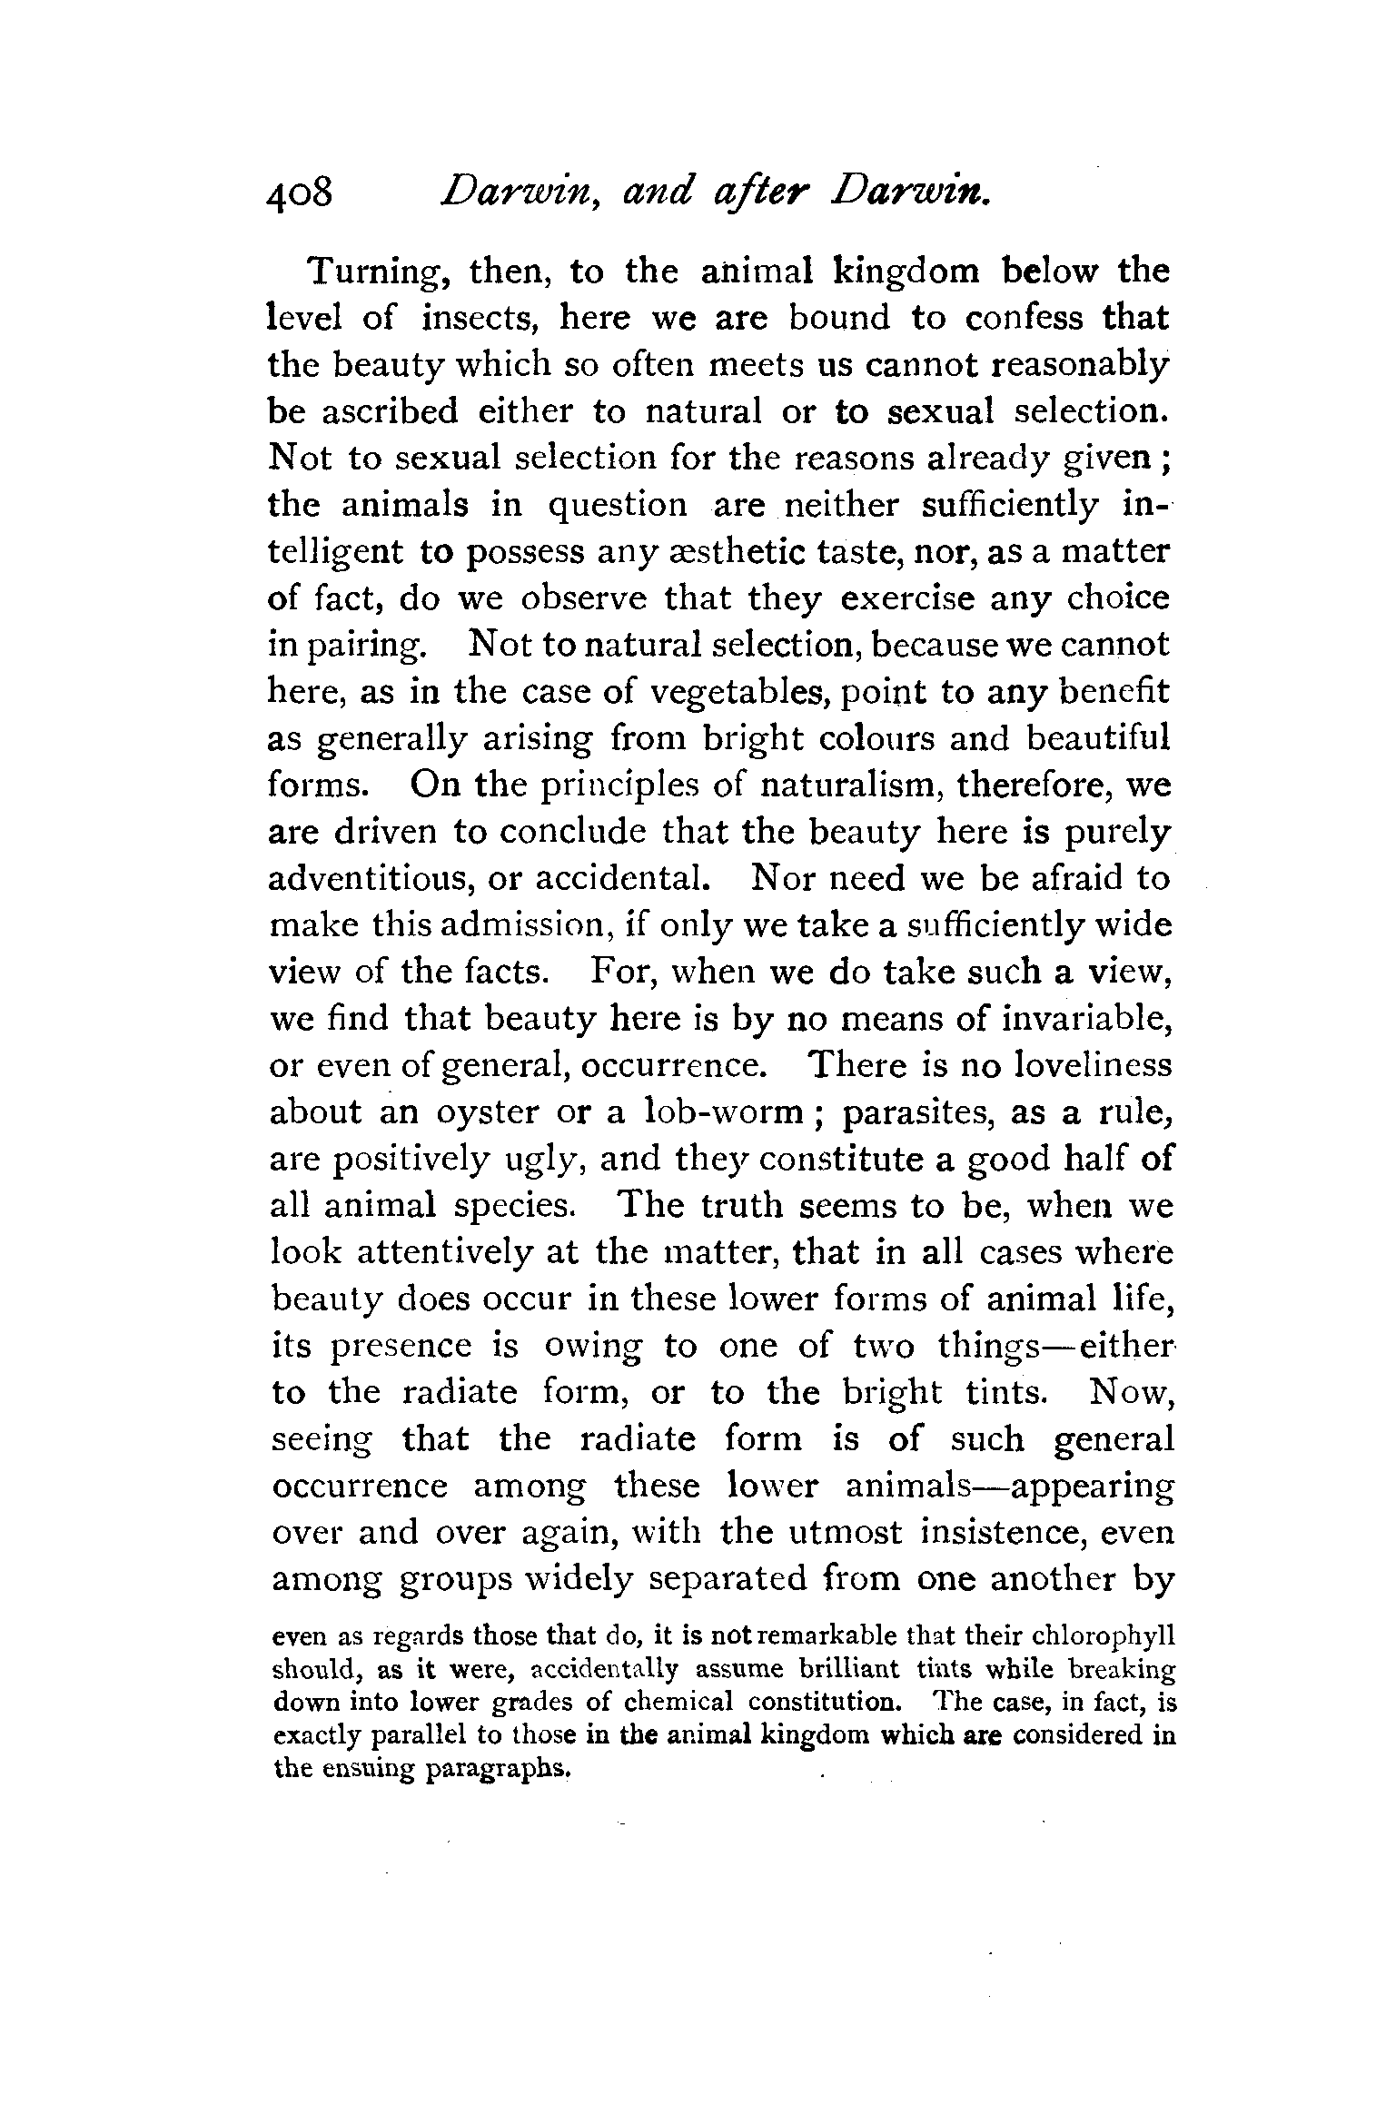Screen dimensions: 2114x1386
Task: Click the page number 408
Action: pyautogui.click(x=301, y=194)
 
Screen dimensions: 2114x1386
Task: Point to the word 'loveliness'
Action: pyautogui.click(x=1080, y=1065)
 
